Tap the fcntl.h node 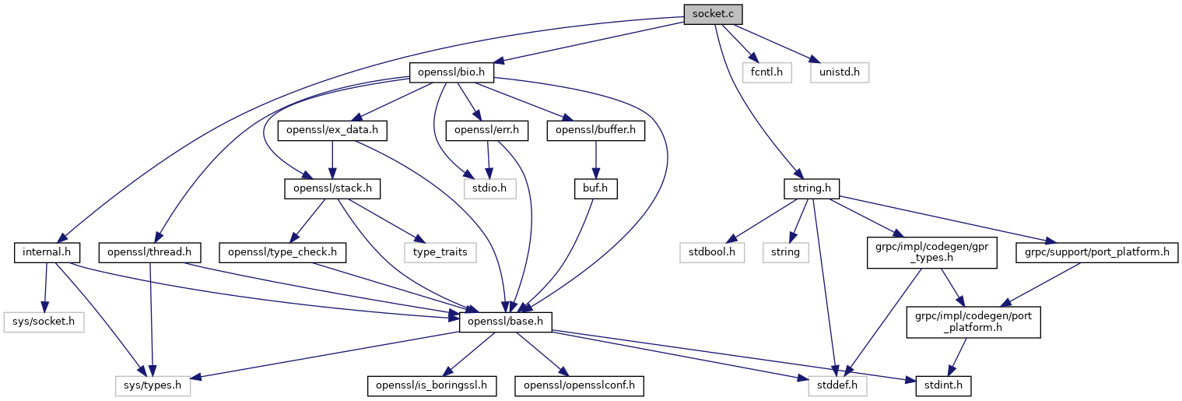pyautogui.click(x=766, y=73)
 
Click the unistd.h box pyautogui.click(x=839, y=73)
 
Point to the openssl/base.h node pyautogui.click(x=506, y=321)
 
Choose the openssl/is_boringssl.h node pyautogui.click(x=432, y=385)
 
